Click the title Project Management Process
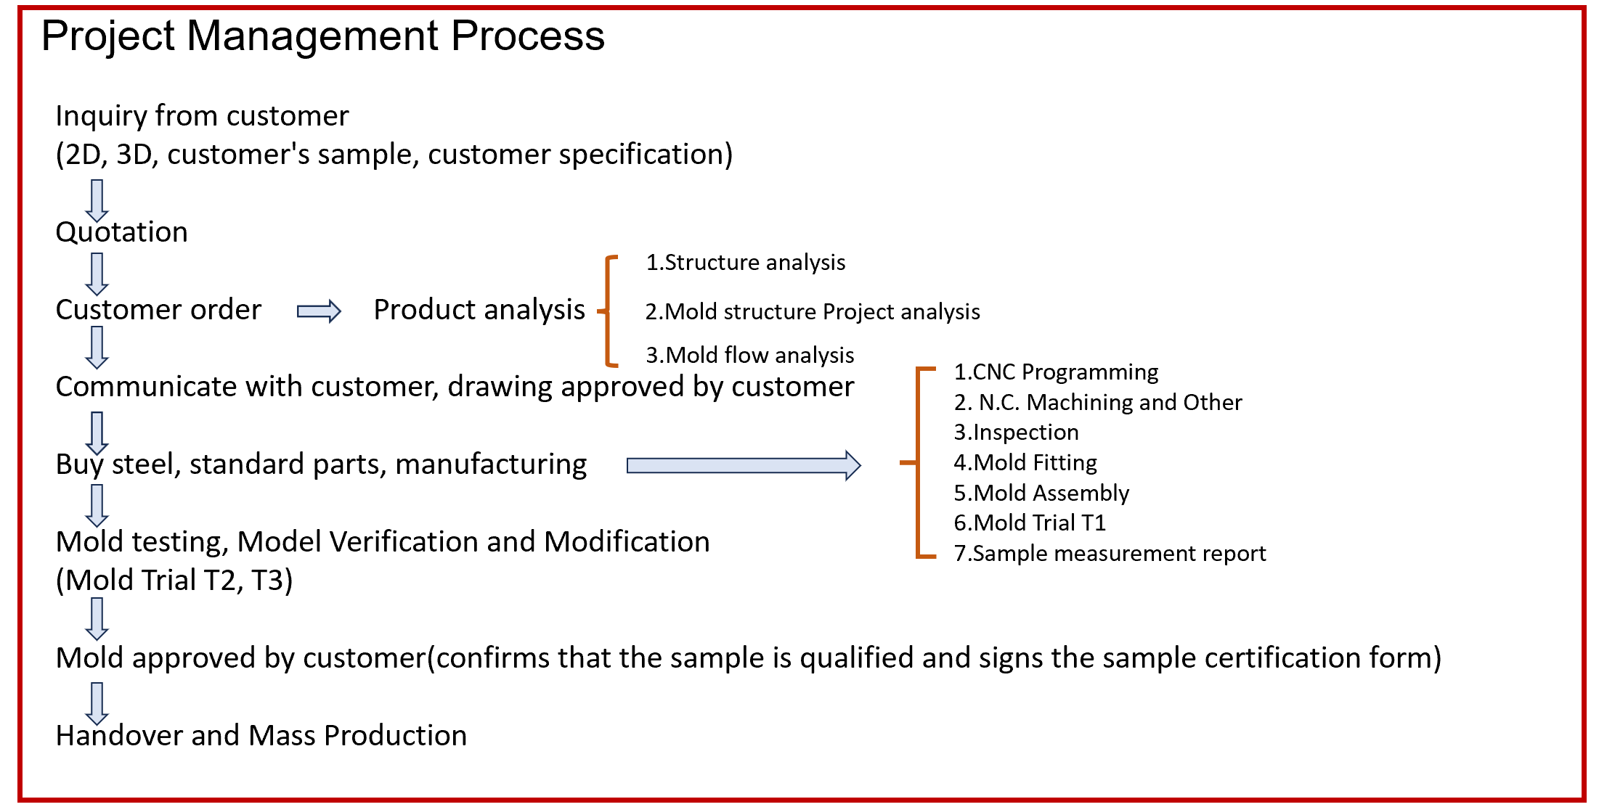[322, 36]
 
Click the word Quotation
[121, 232]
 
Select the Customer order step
[158, 310]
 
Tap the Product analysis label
[479, 310]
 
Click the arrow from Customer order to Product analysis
[319, 311]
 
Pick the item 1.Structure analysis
[746, 263]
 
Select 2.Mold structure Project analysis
[813, 312]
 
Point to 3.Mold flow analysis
[750, 356]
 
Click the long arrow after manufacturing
[744, 465]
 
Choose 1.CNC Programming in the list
[1056, 372]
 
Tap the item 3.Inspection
[1016, 433]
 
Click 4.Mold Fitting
[1025, 463]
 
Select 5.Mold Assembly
[1041, 493]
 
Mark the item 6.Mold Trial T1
[1030, 523]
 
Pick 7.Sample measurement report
[1110, 554]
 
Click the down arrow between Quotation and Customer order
[97, 274]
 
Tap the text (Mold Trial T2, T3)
[174, 581]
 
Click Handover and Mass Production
[261, 736]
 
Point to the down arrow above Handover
[97, 702]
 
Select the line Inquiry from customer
[202, 116]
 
